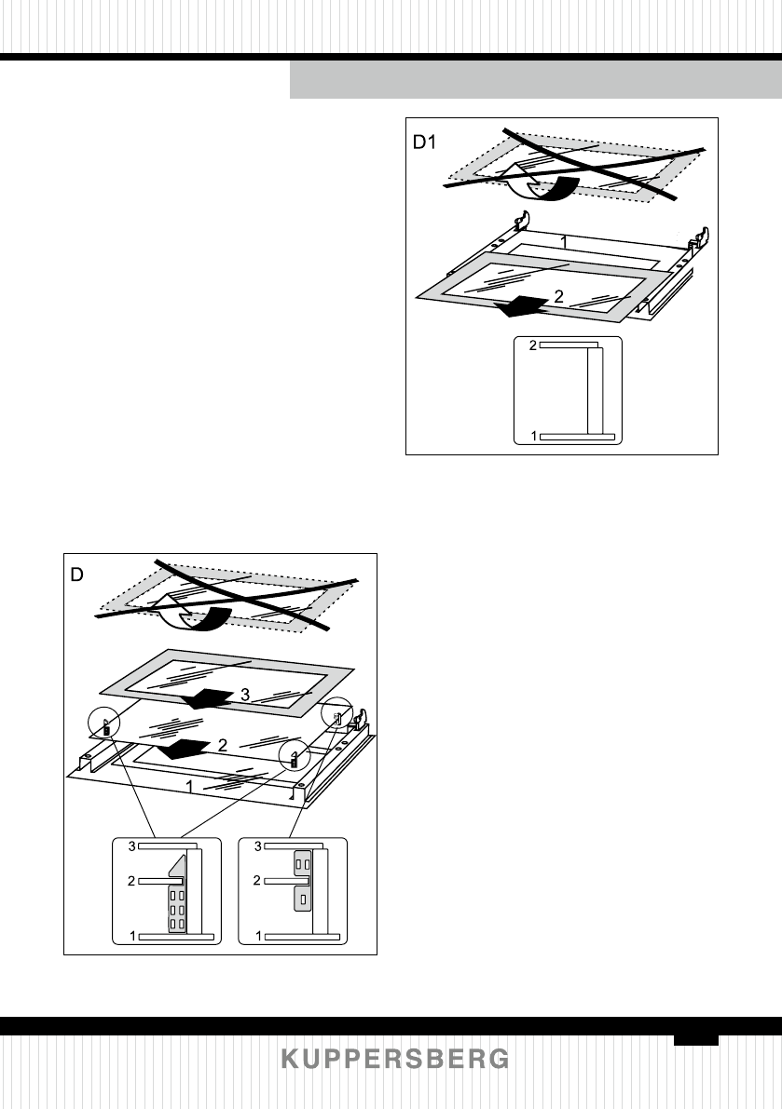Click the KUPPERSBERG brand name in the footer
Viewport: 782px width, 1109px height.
tap(396, 1060)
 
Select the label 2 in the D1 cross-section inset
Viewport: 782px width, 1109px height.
tap(533, 345)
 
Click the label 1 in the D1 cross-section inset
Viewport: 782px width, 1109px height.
tap(533, 435)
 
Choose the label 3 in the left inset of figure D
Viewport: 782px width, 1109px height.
tap(132, 845)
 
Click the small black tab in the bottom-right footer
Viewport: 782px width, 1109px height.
tap(697, 1037)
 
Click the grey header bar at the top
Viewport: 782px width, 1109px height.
tap(535, 81)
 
